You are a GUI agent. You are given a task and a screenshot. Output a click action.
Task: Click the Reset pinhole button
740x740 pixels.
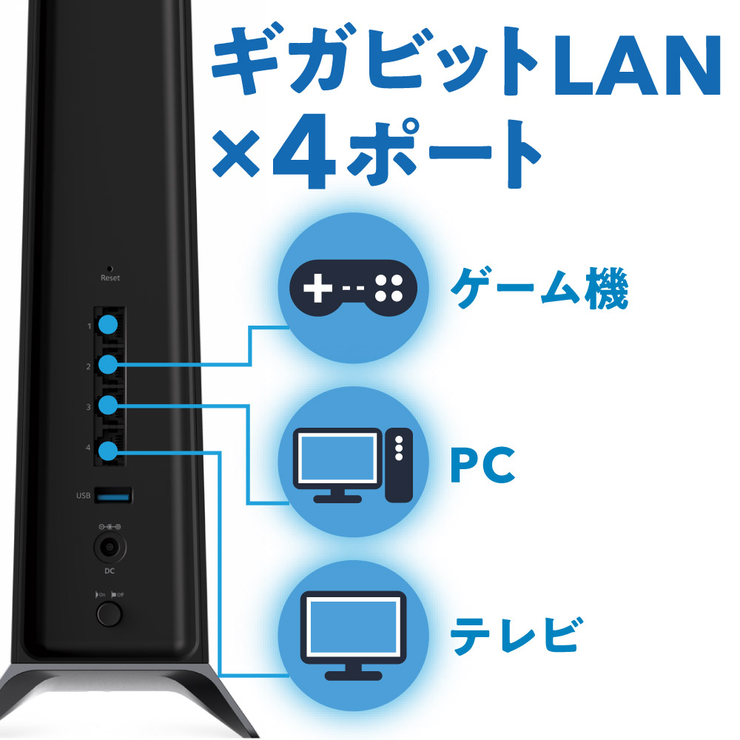click(110, 269)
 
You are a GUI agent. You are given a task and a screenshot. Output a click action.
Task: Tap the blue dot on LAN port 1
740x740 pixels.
click(108, 325)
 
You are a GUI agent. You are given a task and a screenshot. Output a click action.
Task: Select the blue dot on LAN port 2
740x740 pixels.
click(108, 365)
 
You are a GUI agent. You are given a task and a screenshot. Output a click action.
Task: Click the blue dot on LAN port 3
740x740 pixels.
click(108, 405)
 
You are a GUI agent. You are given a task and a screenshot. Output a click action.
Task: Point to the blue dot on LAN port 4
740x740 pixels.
click(108, 451)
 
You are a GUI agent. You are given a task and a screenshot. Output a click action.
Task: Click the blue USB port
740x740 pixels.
click(113, 496)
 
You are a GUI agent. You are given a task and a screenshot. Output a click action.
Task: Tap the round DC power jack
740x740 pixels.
click(110, 548)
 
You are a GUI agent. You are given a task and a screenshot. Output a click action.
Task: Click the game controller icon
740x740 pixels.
click(353, 287)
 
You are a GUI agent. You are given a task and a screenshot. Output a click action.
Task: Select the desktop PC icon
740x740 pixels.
click(353, 465)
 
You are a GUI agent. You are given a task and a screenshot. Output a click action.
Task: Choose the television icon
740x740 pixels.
click(353, 636)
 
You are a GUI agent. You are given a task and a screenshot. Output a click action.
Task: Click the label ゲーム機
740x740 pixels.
click(539, 288)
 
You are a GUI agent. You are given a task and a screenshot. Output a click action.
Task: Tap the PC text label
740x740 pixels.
click(482, 465)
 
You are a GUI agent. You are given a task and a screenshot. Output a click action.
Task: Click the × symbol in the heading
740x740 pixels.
click(236, 153)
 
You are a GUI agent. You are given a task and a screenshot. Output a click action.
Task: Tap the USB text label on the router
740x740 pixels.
click(83, 496)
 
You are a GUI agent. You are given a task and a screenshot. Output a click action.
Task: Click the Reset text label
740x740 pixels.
click(110, 278)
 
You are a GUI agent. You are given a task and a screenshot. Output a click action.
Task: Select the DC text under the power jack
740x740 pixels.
click(110, 571)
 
